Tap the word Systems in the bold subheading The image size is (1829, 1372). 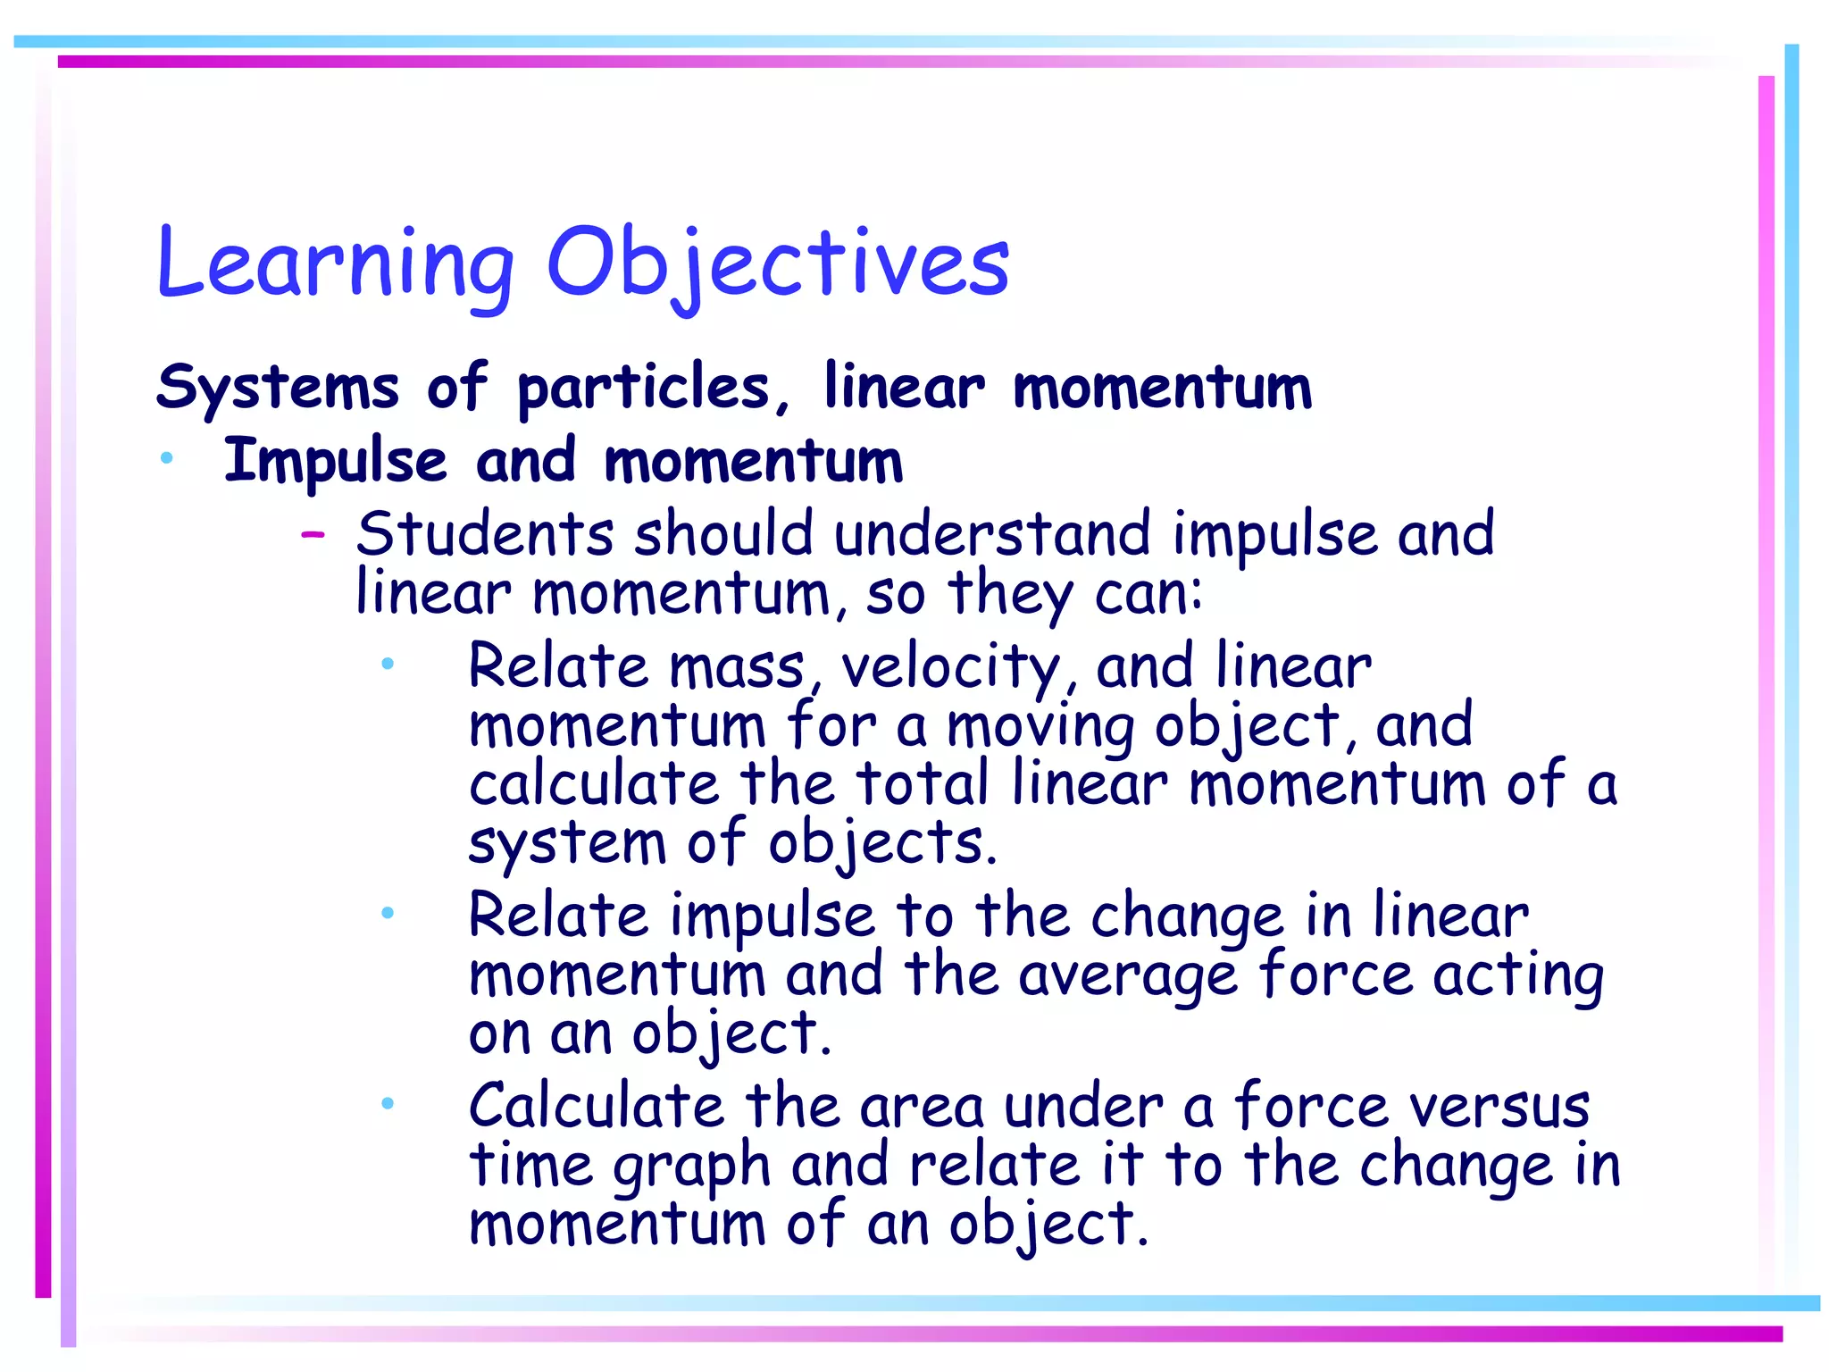click(277, 388)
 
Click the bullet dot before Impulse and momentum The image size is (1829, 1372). click(166, 458)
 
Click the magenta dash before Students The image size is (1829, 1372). click(313, 535)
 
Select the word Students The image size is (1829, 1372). click(485, 534)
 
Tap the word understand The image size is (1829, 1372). click(992, 534)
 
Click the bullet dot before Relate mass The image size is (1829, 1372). click(387, 663)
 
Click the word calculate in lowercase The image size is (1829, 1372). click(594, 784)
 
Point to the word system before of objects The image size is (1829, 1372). click(567, 844)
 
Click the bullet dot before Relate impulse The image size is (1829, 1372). click(387, 912)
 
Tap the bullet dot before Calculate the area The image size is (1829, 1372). click(387, 1103)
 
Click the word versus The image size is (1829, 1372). click(1500, 1108)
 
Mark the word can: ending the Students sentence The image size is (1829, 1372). click(1148, 594)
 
